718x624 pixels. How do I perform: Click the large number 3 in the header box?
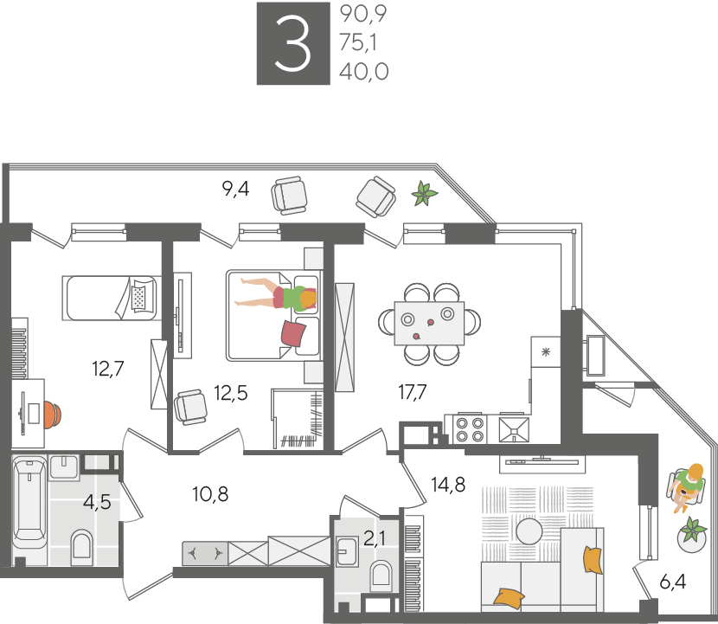(292, 43)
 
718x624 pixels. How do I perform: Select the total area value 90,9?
(363, 14)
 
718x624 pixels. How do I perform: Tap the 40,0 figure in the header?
(364, 72)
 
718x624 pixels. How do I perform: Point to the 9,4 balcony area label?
(236, 189)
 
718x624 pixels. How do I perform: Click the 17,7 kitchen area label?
(413, 392)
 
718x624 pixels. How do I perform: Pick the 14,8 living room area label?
(448, 485)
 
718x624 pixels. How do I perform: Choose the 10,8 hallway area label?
(210, 494)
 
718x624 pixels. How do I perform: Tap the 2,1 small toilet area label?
(375, 538)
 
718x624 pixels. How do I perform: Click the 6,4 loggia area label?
(673, 582)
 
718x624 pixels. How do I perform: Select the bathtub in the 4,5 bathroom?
(29, 505)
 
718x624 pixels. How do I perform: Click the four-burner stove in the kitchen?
(470, 430)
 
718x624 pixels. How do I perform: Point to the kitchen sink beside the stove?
(514, 430)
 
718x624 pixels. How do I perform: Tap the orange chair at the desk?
(52, 415)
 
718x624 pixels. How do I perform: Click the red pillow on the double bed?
(293, 333)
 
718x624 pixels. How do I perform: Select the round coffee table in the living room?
(529, 531)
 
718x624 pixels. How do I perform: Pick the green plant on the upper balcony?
(425, 193)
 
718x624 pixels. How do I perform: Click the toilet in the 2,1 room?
(381, 576)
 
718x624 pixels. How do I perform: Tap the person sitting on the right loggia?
(687, 486)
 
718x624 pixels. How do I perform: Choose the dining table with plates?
(429, 323)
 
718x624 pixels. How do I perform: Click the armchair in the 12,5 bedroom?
(190, 407)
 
